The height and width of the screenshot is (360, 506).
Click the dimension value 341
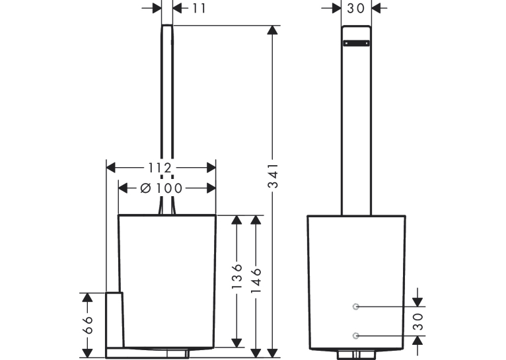273,176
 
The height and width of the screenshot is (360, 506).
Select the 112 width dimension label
160,168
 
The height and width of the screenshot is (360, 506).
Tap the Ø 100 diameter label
162,188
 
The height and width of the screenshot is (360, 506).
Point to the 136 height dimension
237,277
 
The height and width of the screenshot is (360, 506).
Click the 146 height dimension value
256,280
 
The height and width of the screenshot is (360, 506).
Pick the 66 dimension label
87,325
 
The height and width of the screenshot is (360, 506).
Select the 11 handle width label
199,9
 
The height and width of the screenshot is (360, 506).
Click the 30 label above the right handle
356,9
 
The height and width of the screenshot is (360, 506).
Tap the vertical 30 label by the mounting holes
418,322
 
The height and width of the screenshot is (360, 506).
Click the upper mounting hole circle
355,306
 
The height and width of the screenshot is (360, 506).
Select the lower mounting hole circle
355,336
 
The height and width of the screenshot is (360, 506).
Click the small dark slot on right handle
356,43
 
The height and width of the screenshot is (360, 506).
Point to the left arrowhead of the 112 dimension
111,168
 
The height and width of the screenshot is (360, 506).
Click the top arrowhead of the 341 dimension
273,30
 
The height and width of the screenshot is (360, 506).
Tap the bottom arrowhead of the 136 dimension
237,343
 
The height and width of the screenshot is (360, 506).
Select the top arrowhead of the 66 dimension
87,297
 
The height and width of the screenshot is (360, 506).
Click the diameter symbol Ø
146,188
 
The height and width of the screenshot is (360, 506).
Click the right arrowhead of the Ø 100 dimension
211,188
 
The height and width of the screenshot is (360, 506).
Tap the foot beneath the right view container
356,355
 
